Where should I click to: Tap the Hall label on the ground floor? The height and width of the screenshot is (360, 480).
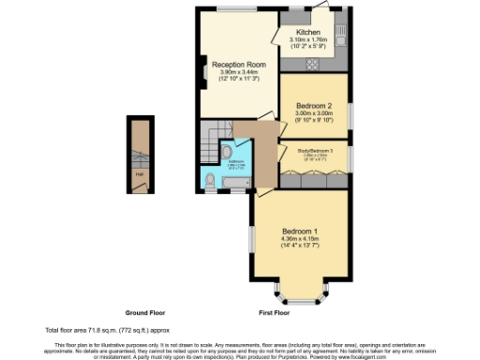point(140,172)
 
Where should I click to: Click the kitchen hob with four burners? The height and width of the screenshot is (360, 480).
point(313,64)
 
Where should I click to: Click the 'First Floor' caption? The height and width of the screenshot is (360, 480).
point(275,311)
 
